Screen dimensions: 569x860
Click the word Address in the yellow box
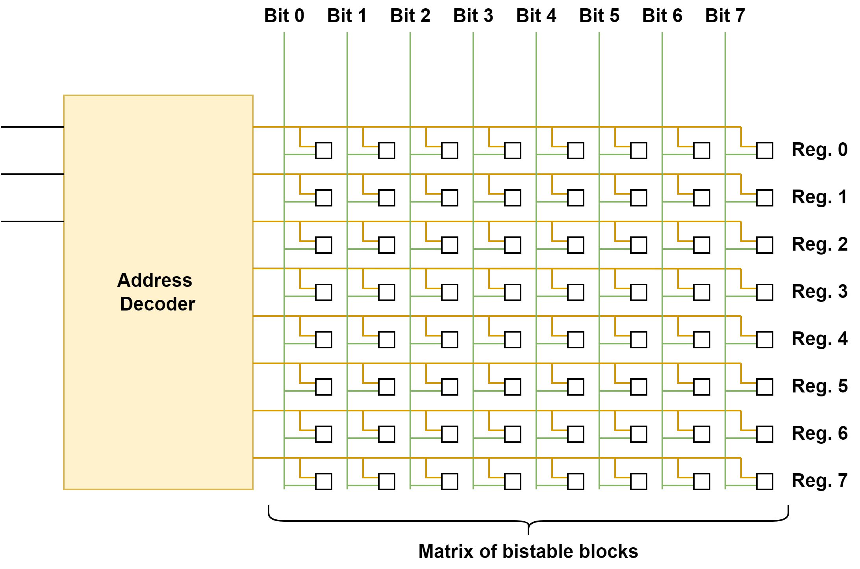point(154,281)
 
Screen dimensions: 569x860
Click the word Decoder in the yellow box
point(157,304)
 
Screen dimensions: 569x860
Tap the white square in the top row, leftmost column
point(323,151)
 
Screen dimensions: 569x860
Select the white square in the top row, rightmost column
point(764,151)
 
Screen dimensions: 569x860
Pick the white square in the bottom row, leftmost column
point(323,482)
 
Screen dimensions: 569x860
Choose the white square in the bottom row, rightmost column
point(764,482)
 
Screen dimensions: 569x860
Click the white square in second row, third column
point(449,198)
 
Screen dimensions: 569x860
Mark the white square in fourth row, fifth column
point(575,292)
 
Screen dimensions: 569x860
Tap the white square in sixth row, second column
point(386,387)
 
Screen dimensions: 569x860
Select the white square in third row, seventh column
point(701,245)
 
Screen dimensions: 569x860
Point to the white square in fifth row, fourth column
point(512,340)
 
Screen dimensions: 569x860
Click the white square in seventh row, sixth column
point(638,434)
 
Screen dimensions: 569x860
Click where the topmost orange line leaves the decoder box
point(254,127)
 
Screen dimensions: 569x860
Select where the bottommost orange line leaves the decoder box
point(254,458)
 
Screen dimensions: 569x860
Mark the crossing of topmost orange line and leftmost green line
point(284,127)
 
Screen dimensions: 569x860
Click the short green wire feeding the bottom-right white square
point(740,486)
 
